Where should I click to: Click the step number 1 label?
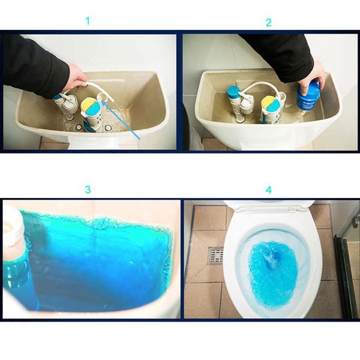(88, 21)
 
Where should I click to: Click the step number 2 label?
(268, 22)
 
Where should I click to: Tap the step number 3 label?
(88, 190)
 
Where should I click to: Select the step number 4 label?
(268, 190)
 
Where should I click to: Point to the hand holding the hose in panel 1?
(76, 78)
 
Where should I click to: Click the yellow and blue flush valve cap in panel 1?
(90, 108)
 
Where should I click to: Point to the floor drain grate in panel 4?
(215, 256)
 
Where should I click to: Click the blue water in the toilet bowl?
(273, 270)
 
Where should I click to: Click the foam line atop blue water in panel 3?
(96, 221)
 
